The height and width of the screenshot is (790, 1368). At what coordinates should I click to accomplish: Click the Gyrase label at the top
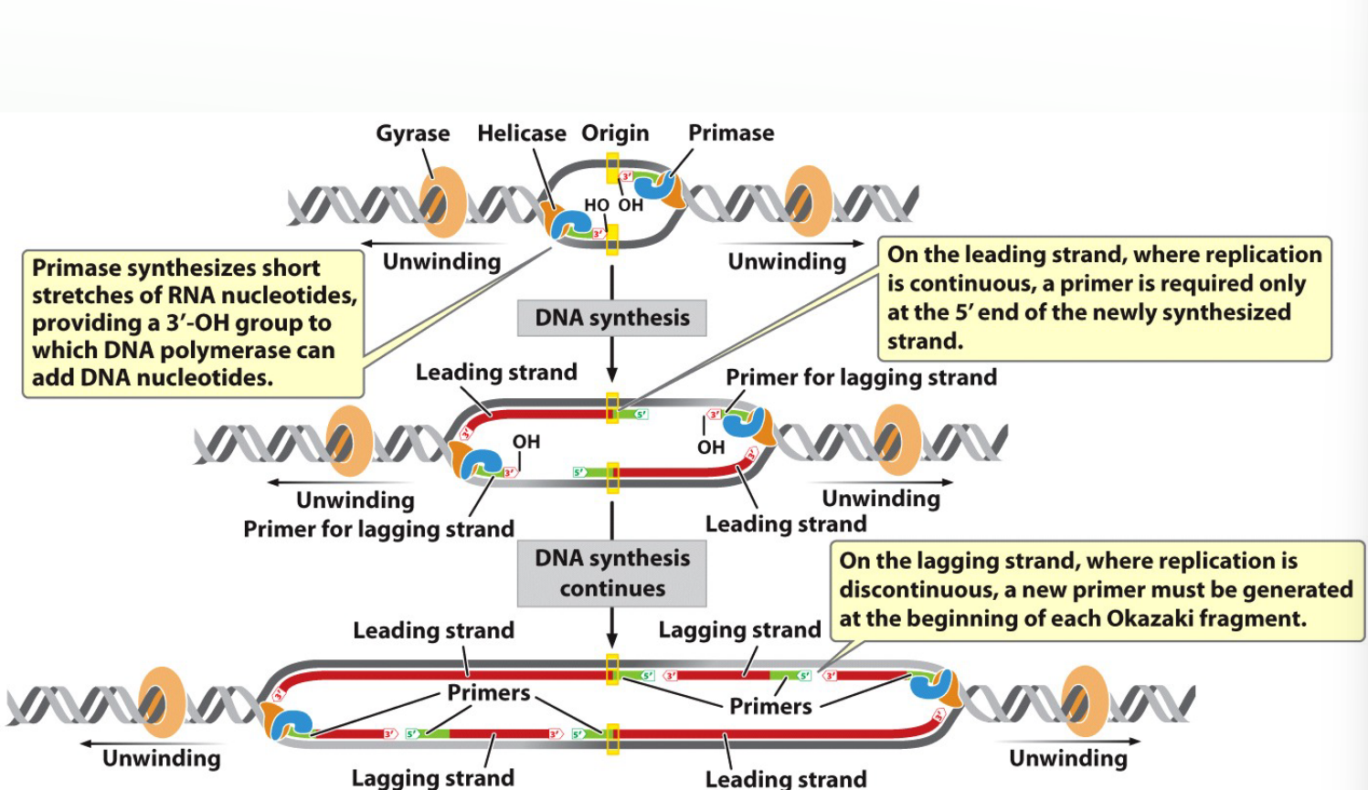pos(412,133)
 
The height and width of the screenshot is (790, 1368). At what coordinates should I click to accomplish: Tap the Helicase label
pos(521,133)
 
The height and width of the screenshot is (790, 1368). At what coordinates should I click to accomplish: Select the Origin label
pos(615,133)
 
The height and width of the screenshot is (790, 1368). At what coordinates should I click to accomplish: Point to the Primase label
pos(730,133)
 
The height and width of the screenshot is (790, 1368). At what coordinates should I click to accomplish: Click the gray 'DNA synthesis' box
pos(611,318)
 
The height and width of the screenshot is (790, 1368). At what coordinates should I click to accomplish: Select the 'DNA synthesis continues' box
pos(611,573)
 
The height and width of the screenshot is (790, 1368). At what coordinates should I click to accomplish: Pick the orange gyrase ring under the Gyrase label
pos(442,202)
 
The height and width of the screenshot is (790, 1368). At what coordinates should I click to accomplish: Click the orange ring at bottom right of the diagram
pos(1085,701)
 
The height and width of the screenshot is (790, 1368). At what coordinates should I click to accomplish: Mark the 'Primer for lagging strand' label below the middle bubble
pos(378,529)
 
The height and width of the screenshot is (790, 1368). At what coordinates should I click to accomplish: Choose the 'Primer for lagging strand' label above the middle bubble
pos(860,377)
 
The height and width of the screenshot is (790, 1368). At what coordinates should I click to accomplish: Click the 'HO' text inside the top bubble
pos(596,205)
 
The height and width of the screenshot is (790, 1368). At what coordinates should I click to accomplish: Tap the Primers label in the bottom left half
pos(488,692)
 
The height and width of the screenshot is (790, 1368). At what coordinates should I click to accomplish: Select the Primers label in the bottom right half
pos(769,706)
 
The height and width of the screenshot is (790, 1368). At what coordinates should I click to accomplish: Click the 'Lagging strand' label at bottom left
pos(432,777)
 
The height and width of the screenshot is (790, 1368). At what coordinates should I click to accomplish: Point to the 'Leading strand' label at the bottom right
pos(785,778)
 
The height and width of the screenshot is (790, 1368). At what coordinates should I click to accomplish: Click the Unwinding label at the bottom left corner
pos(161,758)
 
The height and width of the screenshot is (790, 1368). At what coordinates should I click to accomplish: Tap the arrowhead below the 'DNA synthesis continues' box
pos(611,641)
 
